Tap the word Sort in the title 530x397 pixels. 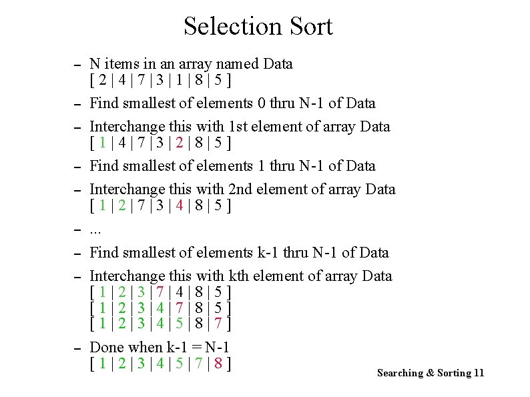tap(310, 27)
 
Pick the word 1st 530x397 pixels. tap(240, 126)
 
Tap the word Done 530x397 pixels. tap(107, 347)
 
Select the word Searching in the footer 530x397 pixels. tap(400, 373)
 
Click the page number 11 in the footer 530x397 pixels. tap(478, 373)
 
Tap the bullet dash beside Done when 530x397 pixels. tap(77, 349)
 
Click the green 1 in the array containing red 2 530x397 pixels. tap(102, 142)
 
